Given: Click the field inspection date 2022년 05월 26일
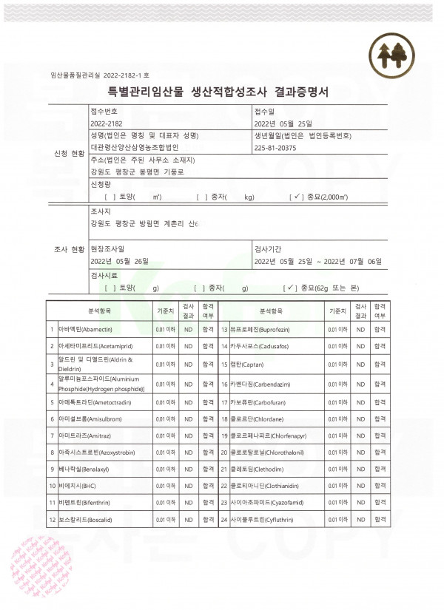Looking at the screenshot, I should click(119, 261).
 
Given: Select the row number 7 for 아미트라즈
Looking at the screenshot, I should click(52, 433).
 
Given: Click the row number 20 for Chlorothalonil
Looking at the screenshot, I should click(223, 450).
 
